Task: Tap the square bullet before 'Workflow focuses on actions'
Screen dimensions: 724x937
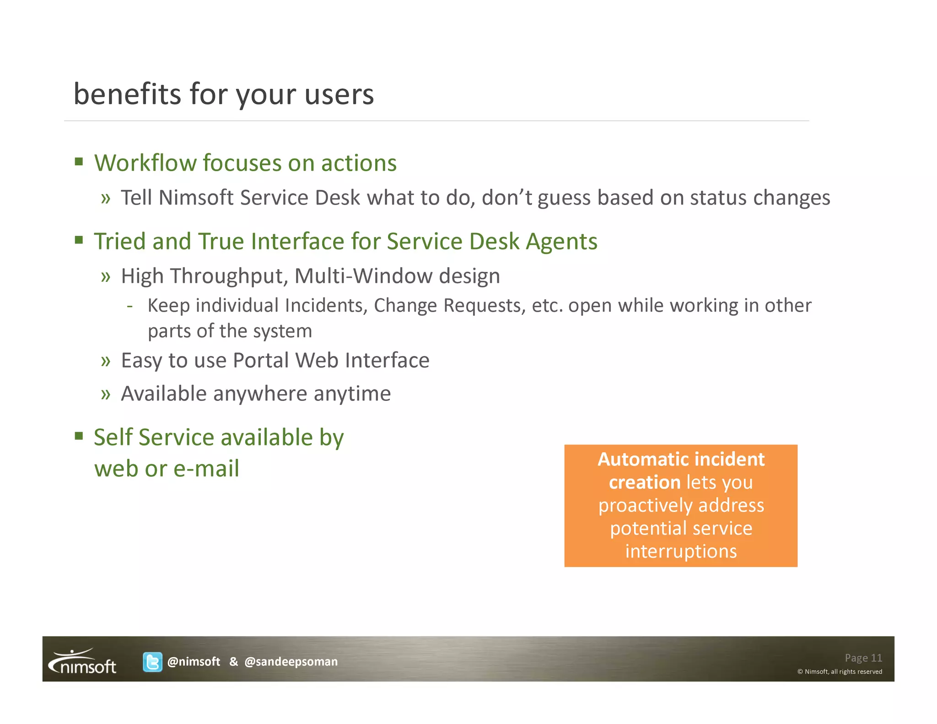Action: pyautogui.click(x=79, y=162)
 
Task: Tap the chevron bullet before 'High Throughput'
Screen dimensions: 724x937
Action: pyautogui.click(x=106, y=276)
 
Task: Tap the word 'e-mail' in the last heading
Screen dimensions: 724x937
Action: pyautogui.click(x=206, y=469)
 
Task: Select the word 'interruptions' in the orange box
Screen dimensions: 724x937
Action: pyautogui.click(x=681, y=551)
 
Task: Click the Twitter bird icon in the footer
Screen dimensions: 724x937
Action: pyautogui.click(x=152, y=662)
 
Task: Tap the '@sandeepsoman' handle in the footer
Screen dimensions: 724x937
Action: pyautogui.click(x=291, y=662)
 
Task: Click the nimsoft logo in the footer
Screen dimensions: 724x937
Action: pyautogui.click(x=82, y=662)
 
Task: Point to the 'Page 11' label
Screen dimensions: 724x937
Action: pyautogui.click(x=863, y=658)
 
